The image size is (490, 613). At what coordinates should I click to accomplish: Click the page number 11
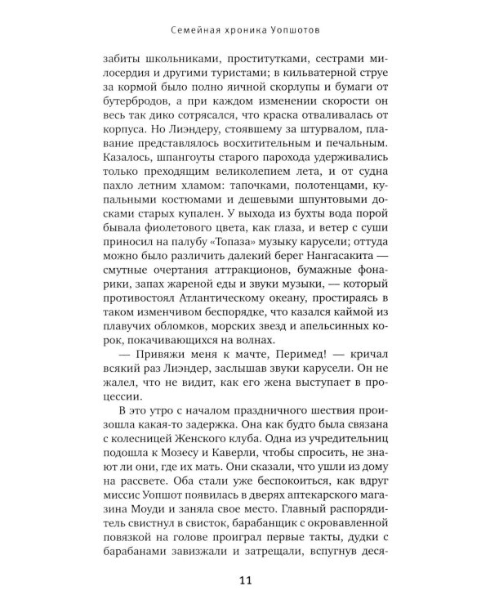point(245,581)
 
